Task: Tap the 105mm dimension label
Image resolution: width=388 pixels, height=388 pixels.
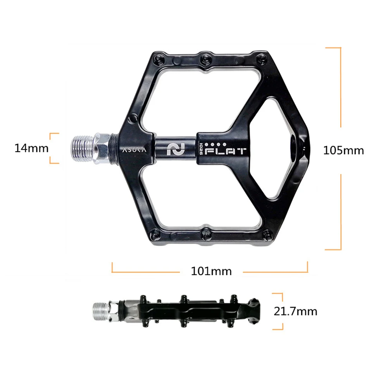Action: pos(344,150)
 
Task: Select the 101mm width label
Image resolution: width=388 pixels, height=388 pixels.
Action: pos(211,271)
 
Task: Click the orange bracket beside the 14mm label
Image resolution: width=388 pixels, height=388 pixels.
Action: pos(55,148)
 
